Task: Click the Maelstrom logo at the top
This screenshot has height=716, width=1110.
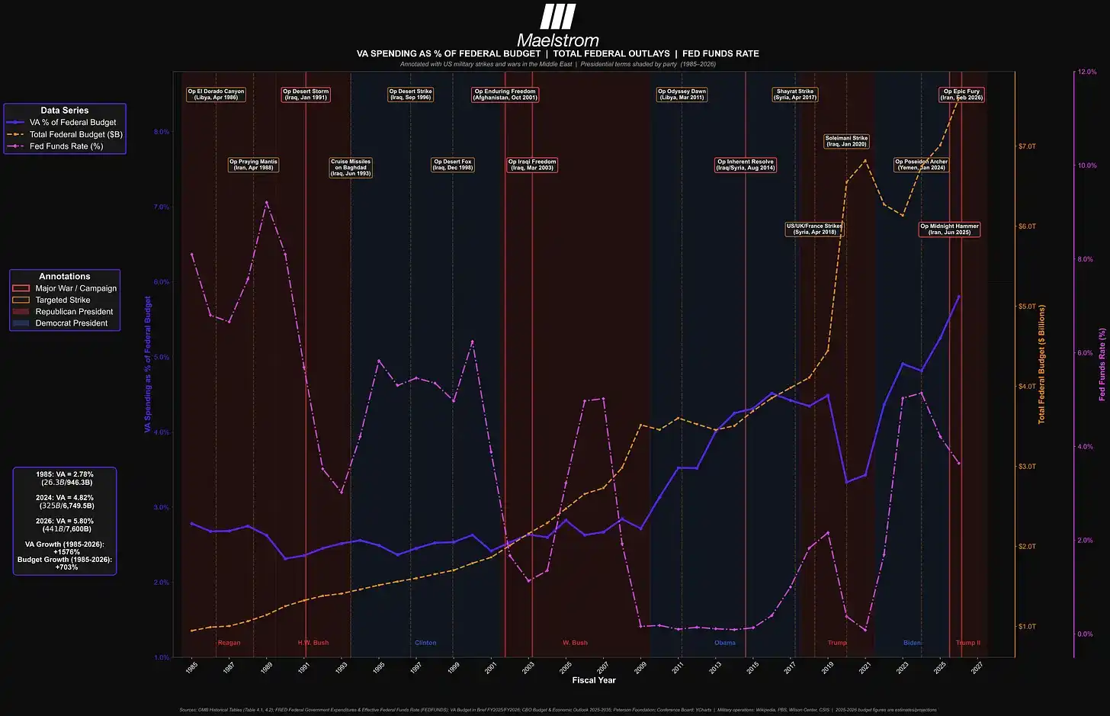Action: pyautogui.click(x=557, y=27)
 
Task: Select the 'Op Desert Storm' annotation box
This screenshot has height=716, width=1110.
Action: pyautogui.click(x=306, y=95)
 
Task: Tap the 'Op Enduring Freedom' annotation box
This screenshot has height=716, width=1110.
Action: pyautogui.click(x=505, y=95)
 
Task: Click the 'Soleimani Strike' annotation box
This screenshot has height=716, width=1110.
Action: pyautogui.click(x=846, y=141)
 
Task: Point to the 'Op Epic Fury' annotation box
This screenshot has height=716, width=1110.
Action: pyautogui.click(x=961, y=95)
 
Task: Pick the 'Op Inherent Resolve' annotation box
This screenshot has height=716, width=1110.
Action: pyautogui.click(x=746, y=165)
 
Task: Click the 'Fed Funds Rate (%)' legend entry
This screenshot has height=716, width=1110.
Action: pyautogui.click(x=66, y=146)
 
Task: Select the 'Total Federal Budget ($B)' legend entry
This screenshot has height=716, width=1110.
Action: pyautogui.click(x=75, y=134)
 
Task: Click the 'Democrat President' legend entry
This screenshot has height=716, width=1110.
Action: pyautogui.click(x=71, y=323)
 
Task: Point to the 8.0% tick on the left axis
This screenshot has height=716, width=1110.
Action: pyautogui.click(x=161, y=132)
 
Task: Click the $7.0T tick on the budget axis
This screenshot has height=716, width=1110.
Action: pyautogui.click(x=1027, y=146)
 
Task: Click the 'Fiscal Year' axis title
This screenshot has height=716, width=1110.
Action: pyautogui.click(x=594, y=680)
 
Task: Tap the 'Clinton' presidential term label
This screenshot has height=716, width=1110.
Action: pyautogui.click(x=425, y=643)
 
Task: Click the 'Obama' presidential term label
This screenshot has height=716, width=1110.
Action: pyautogui.click(x=725, y=643)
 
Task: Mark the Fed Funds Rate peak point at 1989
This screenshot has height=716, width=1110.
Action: pyautogui.click(x=266, y=202)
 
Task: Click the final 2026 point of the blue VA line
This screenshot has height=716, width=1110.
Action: pyautogui.click(x=959, y=296)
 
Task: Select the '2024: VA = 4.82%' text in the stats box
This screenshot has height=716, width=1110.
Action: pyautogui.click(x=65, y=497)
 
